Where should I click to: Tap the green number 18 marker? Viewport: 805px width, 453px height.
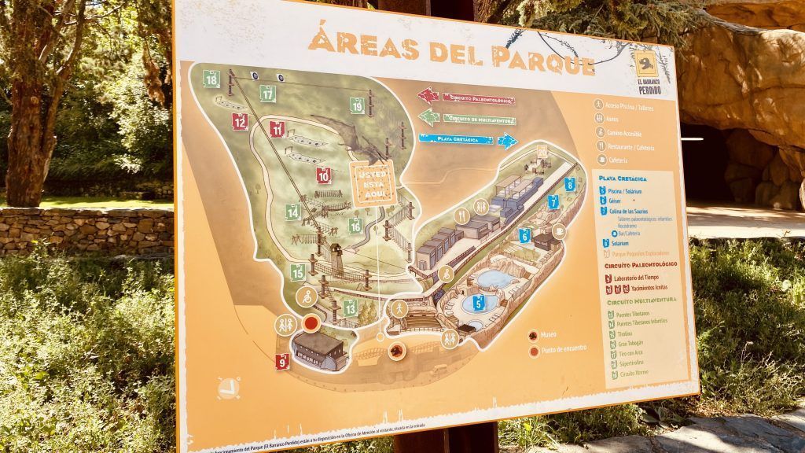211,79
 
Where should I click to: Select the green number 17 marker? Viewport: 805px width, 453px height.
268,93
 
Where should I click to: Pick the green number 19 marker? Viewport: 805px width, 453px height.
357,105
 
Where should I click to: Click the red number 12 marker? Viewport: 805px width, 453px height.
240,122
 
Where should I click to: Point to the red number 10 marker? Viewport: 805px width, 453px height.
324,175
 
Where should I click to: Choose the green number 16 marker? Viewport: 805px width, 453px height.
355,226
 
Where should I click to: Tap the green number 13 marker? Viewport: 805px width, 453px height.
350,308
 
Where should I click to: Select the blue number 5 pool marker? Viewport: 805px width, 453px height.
477,302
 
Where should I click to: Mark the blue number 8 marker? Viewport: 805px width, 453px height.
569,185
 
